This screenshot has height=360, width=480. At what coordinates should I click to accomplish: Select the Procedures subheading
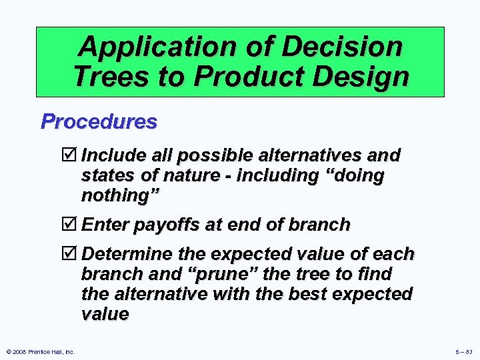tap(99, 121)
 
